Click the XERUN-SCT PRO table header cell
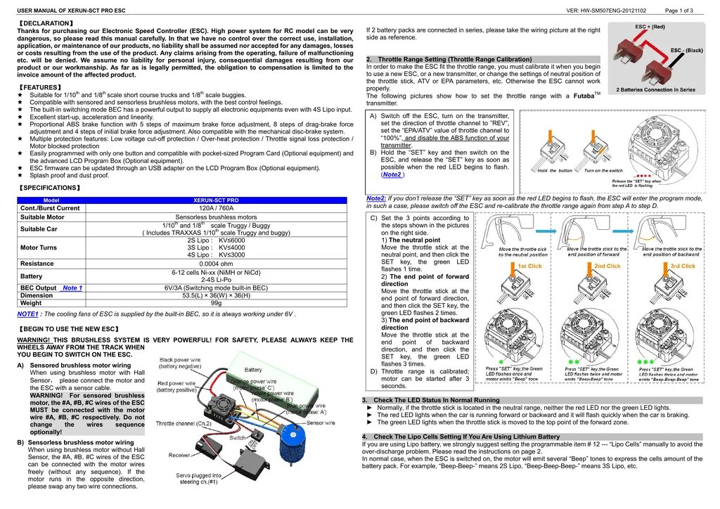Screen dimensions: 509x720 [216, 200]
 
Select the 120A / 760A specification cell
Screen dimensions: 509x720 [216, 208]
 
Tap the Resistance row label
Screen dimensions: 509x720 [37, 264]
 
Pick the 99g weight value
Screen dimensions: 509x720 [216, 303]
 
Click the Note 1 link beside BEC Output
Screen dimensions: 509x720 [72, 288]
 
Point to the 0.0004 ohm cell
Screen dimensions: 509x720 [216, 264]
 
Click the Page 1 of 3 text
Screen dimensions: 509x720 [679, 11]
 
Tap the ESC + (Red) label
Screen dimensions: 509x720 [650, 27]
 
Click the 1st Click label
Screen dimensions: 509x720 [529, 266]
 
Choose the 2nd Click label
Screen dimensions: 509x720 [607, 266]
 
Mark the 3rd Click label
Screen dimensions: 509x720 [682, 266]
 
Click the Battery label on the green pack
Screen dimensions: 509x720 [253, 370]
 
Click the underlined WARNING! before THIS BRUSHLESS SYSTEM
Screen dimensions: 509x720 [34, 340]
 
